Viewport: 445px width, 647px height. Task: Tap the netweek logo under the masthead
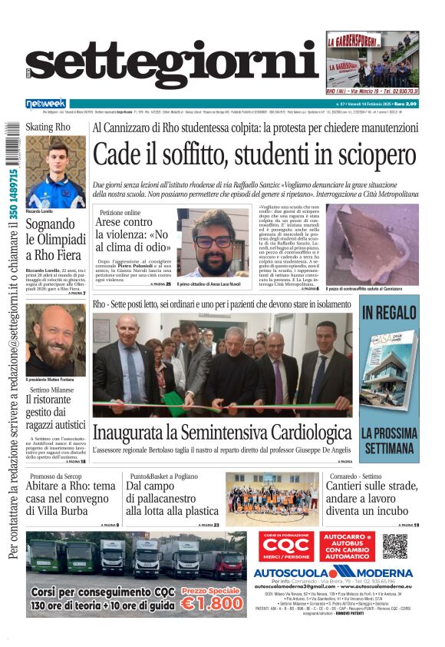[x=46, y=103]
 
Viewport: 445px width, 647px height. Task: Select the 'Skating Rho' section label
[x=48, y=127]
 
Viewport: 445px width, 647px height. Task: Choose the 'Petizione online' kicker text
[x=120, y=212]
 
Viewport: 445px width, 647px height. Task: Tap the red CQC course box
[x=285, y=546]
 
